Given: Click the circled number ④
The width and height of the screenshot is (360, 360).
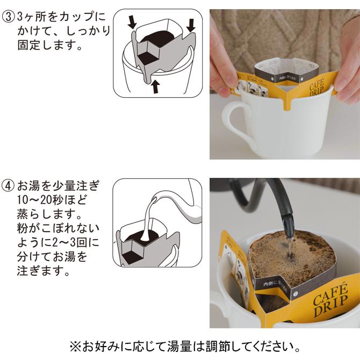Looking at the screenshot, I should coord(9,186).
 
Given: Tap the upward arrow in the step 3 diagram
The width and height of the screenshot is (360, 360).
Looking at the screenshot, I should coord(155,87).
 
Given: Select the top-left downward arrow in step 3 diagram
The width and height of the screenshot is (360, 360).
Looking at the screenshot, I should coord(131,23).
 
